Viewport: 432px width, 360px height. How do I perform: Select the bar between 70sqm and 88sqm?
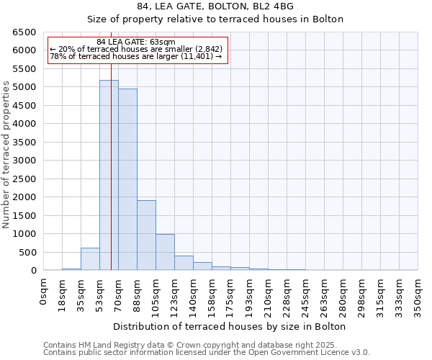coord(127,179)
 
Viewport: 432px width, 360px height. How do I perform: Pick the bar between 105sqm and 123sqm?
coord(165,252)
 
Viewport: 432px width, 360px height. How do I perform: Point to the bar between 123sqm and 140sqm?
coord(184,263)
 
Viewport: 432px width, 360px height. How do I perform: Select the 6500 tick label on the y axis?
coord(24,32)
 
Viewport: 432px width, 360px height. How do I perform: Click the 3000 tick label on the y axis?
coord(24,161)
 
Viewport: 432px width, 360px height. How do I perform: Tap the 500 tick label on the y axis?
coord(27,252)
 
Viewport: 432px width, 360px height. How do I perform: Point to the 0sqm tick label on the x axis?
coord(44,292)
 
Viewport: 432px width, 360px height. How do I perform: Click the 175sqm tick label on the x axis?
coord(231,295)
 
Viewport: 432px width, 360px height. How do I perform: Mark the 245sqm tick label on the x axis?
coord(306,295)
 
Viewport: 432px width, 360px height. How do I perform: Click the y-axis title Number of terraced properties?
coord(6,155)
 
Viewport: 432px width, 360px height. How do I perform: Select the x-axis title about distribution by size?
coord(230,326)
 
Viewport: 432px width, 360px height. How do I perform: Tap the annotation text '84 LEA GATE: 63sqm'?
coord(135,42)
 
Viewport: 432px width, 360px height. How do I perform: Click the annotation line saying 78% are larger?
coord(135,56)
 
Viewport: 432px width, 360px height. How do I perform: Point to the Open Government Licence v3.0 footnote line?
coord(207,353)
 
